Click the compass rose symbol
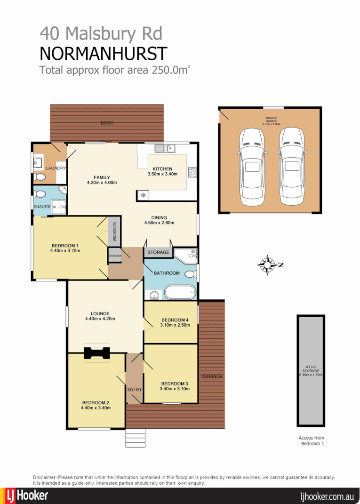click(x=267, y=265)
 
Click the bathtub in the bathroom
click(x=180, y=292)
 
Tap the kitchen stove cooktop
click(x=192, y=172)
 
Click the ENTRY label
click(x=134, y=390)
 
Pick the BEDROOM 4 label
click(x=170, y=318)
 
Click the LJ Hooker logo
click(x=27, y=496)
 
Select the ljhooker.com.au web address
click(x=327, y=496)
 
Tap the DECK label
click(x=107, y=123)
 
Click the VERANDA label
click(x=211, y=376)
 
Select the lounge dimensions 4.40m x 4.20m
click(x=100, y=319)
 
